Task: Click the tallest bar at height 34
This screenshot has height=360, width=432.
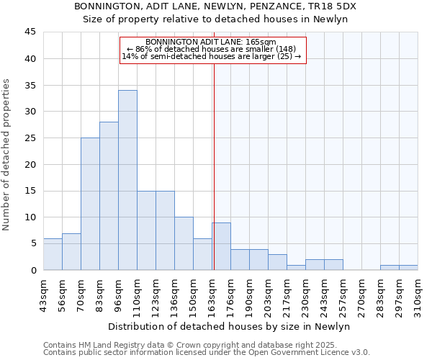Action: (127, 180)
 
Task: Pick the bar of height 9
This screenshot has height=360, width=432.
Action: (221, 246)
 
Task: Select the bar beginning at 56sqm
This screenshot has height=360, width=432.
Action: (71, 251)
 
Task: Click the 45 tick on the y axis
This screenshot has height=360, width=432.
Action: (30, 32)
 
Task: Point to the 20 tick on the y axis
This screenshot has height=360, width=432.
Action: (30, 164)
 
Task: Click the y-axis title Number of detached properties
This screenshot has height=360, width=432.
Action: (7, 155)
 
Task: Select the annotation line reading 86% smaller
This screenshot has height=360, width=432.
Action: (211, 49)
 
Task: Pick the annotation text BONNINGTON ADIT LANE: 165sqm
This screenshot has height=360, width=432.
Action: (211, 42)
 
